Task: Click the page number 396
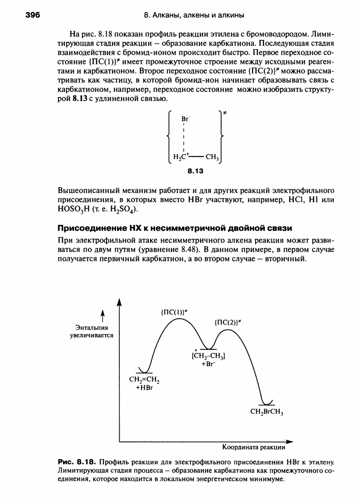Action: pyautogui.click(x=33, y=15)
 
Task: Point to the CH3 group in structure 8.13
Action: pyautogui.click(x=213, y=158)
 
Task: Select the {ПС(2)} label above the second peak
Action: pyautogui.click(x=227, y=322)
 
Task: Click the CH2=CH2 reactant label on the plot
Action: pyautogui.click(x=145, y=380)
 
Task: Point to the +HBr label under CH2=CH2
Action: pyautogui.click(x=145, y=388)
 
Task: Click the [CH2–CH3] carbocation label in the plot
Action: pyautogui.click(x=209, y=356)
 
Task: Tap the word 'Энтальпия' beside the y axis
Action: pyautogui.click(x=91, y=328)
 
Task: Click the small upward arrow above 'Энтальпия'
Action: pyautogui.click(x=103, y=315)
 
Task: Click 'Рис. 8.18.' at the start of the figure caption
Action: pyautogui.click(x=78, y=462)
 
